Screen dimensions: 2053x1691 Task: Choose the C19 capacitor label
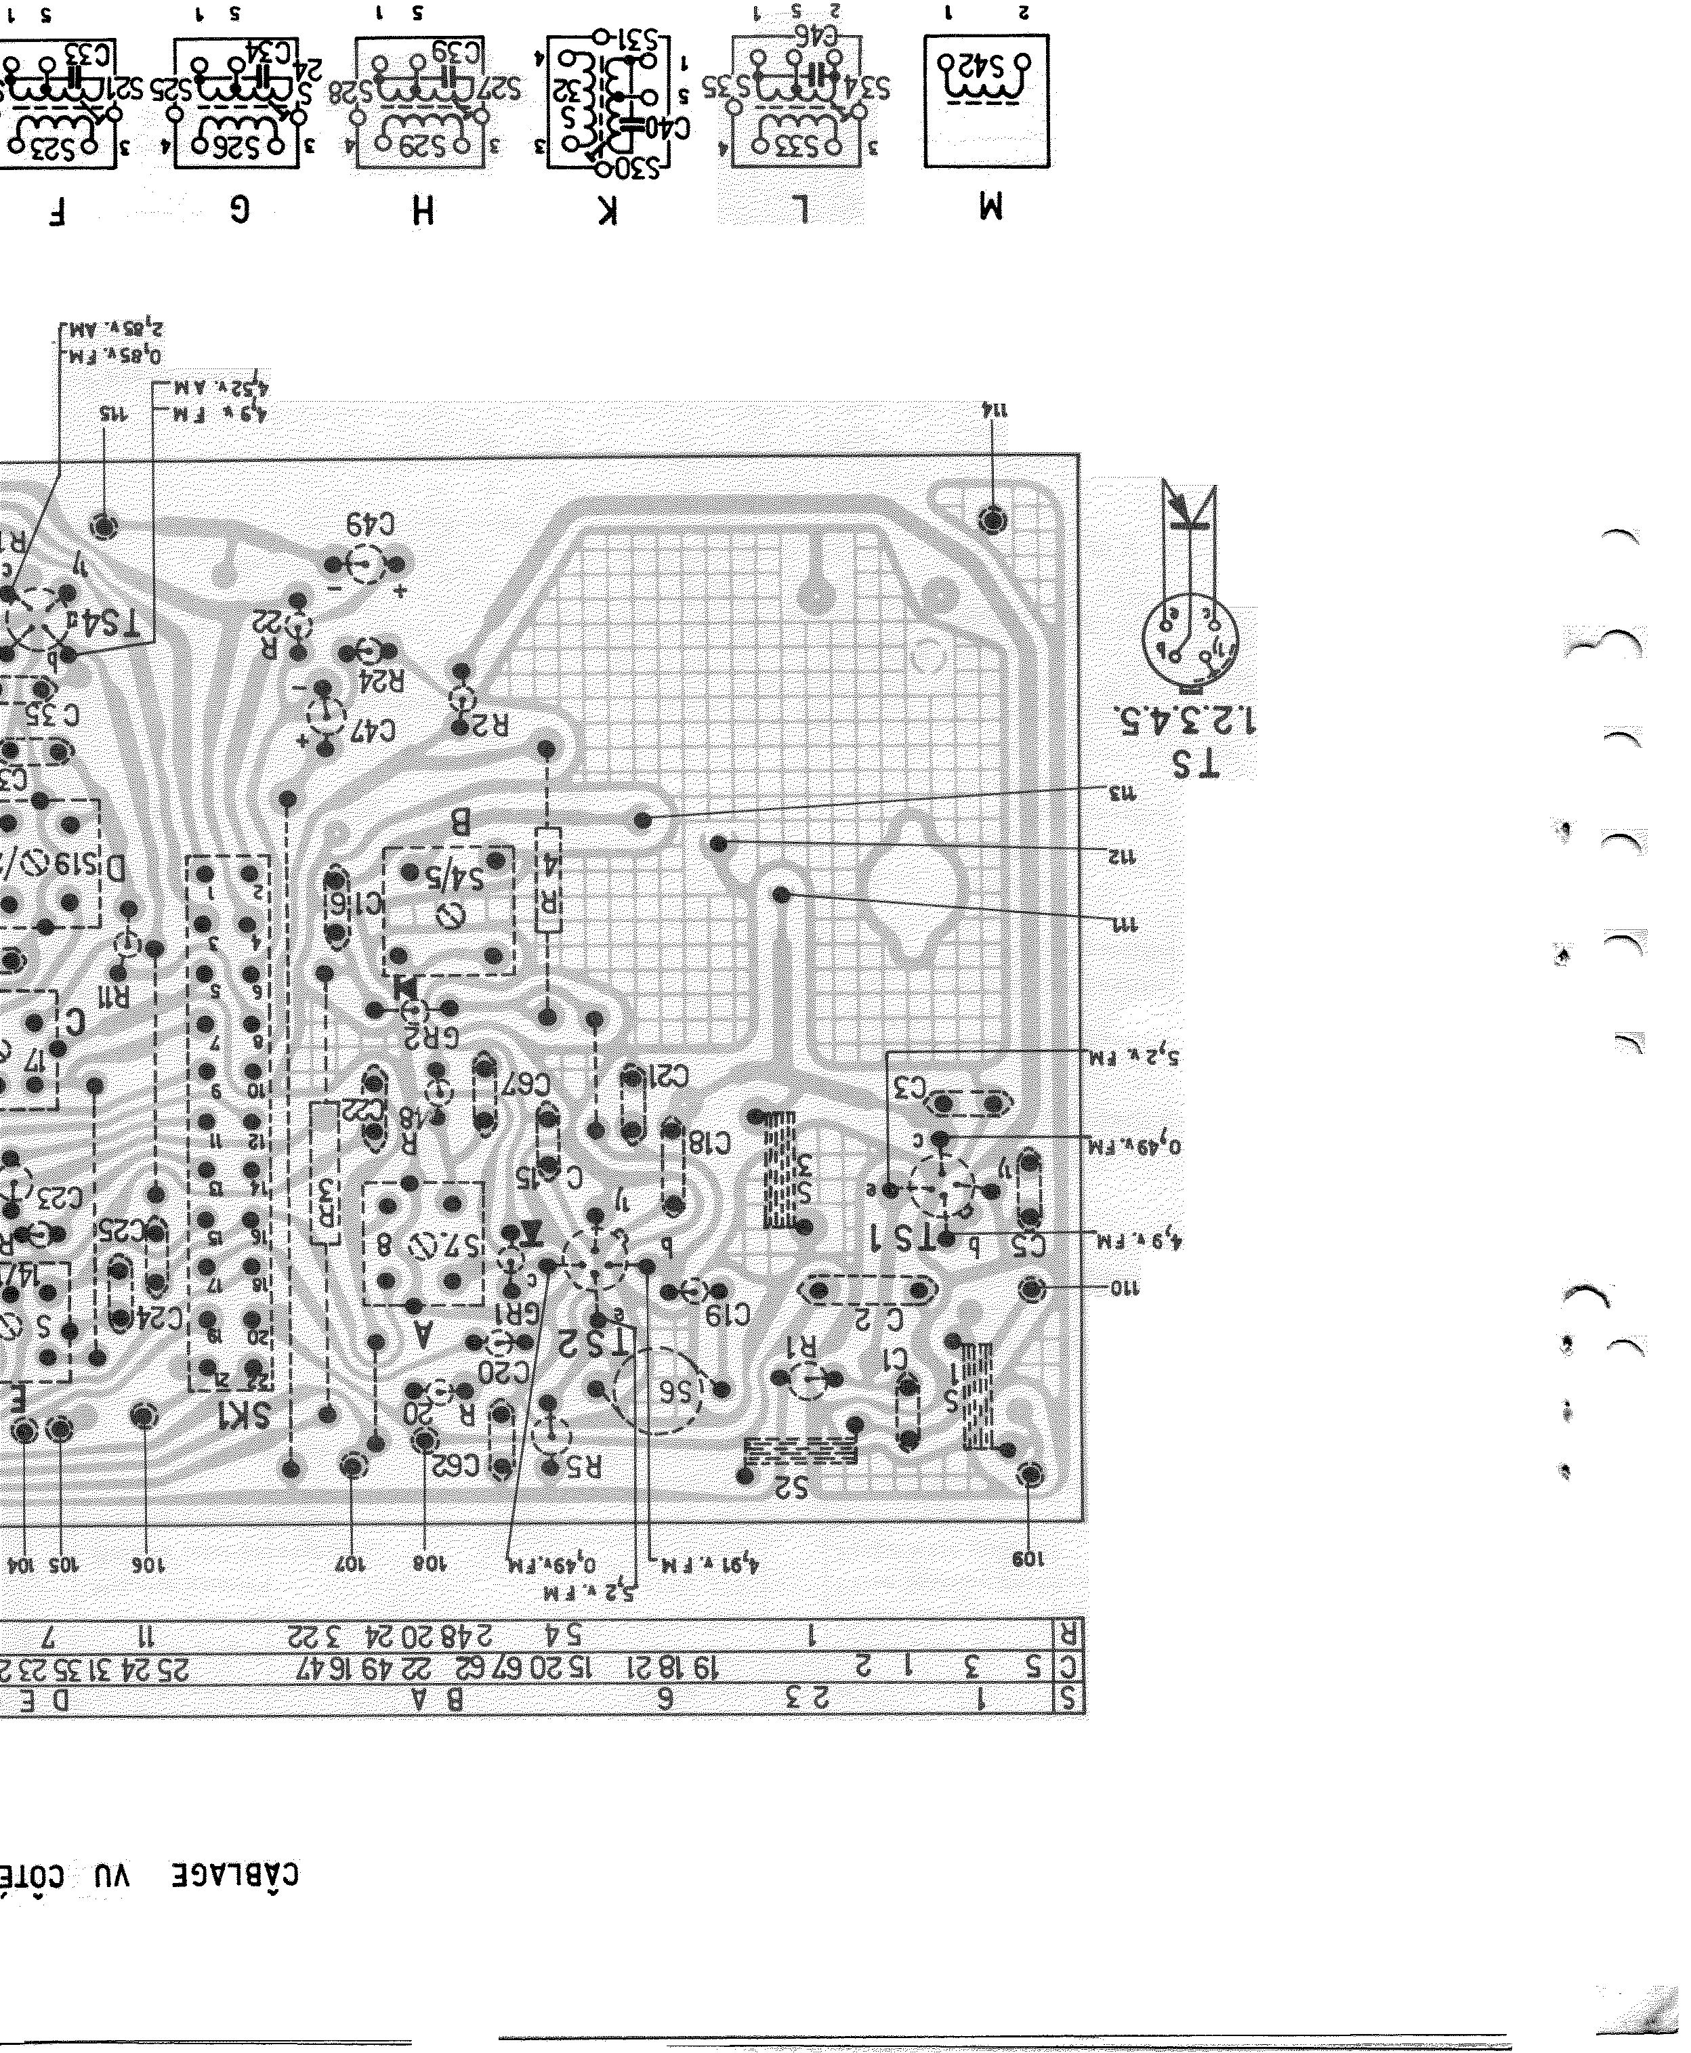(728, 1315)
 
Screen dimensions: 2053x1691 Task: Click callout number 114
(995, 410)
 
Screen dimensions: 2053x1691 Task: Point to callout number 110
(1124, 1288)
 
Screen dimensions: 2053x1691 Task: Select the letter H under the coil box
(422, 209)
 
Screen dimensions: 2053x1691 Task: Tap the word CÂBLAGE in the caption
(236, 1875)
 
